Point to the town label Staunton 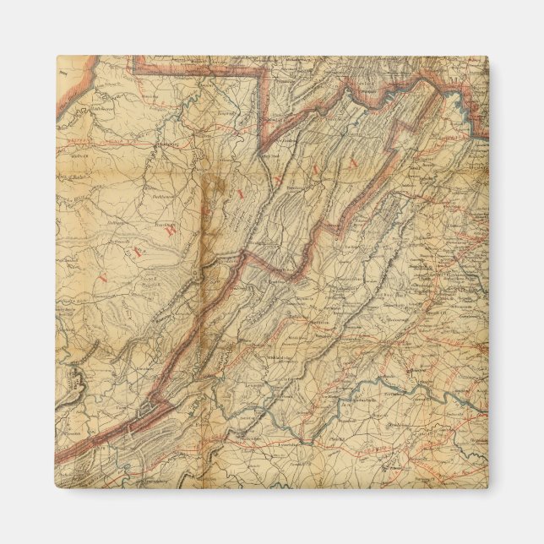click(x=318, y=313)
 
